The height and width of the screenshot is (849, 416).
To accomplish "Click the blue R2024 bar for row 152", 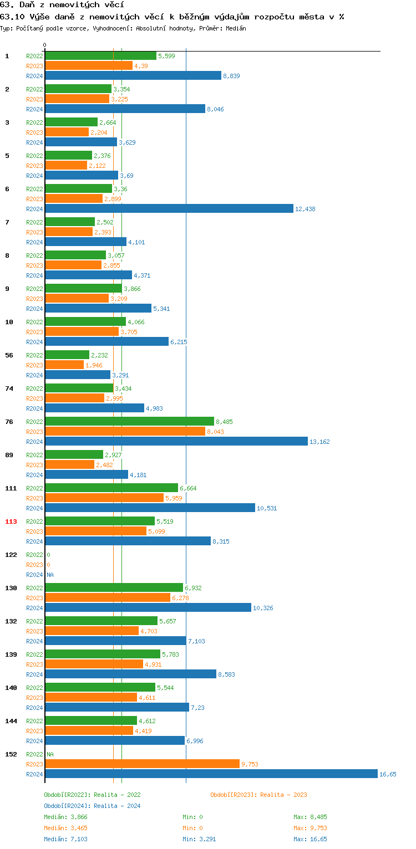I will click(211, 774).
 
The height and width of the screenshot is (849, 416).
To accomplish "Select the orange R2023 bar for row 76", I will click(125, 432).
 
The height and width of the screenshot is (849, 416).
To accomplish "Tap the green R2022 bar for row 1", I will click(100, 56).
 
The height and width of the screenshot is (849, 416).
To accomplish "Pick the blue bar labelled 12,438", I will click(169, 209).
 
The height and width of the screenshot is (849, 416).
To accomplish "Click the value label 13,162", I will click(319, 442).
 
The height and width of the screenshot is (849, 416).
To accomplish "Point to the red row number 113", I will click(11, 521).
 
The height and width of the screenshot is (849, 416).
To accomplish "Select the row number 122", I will click(11, 555).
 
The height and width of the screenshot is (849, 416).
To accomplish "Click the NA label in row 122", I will click(50, 575).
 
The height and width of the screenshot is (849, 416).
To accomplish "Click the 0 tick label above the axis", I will click(45, 45).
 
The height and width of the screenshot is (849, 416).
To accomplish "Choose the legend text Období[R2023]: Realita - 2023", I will click(258, 795).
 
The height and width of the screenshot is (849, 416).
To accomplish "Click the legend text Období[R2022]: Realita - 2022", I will click(92, 795).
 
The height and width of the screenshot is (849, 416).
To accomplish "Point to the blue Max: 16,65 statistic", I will click(311, 839).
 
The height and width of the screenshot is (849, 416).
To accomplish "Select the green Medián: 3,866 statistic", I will click(65, 817).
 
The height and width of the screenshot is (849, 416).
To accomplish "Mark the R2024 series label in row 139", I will click(34, 674).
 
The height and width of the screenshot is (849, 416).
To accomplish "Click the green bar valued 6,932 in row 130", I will click(114, 588).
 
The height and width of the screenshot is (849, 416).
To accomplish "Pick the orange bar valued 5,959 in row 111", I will click(104, 498).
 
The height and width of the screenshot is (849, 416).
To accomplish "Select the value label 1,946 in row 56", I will click(94, 365).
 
